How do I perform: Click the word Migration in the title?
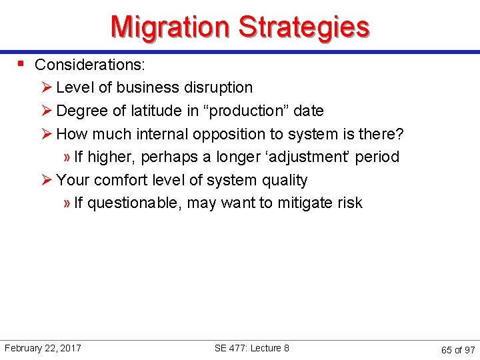[x=171, y=27]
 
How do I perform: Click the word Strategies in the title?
[x=303, y=27]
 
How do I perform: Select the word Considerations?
[x=90, y=65]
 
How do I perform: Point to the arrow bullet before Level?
[x=47, y=87]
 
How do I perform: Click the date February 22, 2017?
[x=43, y=348]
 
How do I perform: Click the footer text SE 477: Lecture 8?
[x=251, y=348]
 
